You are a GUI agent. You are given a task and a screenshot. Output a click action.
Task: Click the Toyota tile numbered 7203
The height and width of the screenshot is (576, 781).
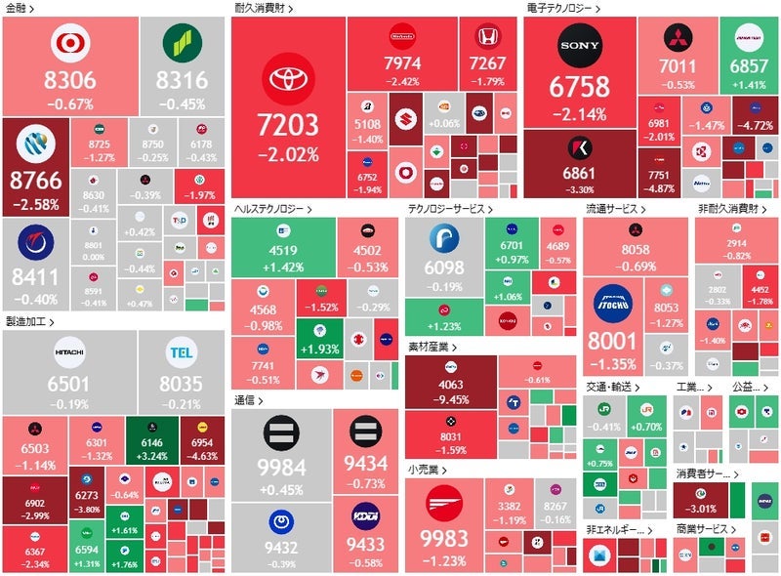288,107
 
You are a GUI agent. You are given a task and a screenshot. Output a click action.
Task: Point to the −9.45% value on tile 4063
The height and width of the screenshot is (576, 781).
451,398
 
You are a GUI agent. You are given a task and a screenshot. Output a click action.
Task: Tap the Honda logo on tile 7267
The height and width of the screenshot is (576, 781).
486,37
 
